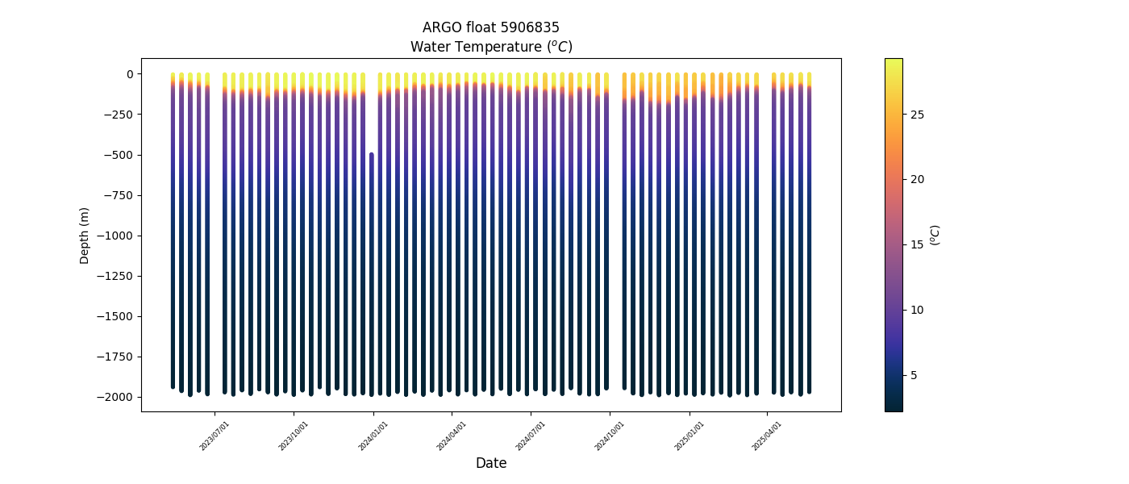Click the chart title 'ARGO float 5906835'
490,27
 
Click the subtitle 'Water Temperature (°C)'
490,47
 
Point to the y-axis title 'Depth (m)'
85,235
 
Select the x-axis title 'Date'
490,463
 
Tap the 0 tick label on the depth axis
128,74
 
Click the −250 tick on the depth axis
119,115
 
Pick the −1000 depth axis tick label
116,236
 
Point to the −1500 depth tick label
116,316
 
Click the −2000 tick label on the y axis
116,397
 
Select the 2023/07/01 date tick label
215,435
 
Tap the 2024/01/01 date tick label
373,435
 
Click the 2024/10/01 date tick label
610,435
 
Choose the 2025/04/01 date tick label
768,435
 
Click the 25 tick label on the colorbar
917,115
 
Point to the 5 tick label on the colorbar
914,375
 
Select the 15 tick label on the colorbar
917,244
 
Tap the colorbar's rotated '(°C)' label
935,235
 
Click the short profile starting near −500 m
371,274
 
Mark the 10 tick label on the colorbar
917,310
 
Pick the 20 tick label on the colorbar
917,179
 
